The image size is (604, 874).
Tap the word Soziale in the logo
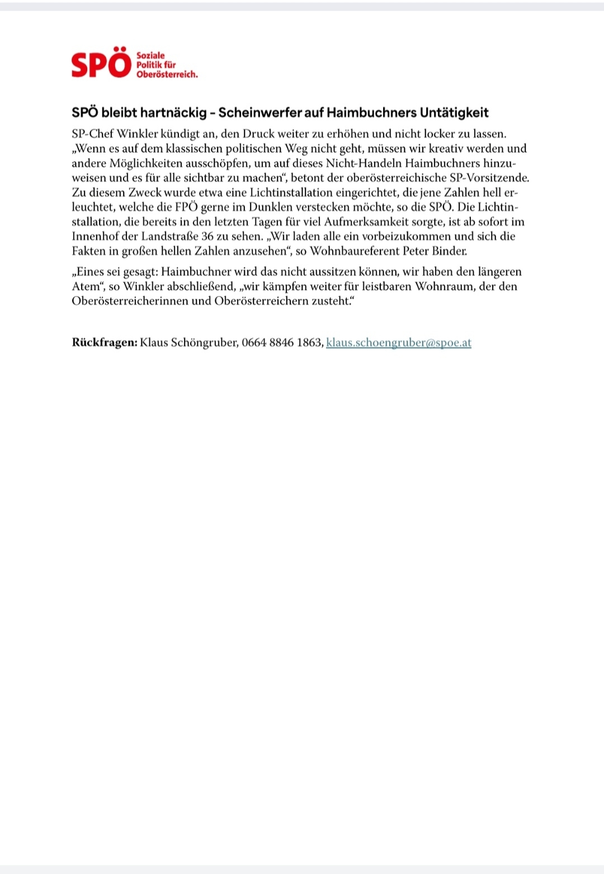coord(150,55)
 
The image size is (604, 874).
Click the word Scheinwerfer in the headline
coord(259,112)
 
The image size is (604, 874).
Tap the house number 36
coord(207,236)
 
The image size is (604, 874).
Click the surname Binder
coord(449,251)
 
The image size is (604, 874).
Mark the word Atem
coord(85,286)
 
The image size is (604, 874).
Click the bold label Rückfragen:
coord(104,342)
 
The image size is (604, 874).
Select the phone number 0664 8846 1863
coord(282,342)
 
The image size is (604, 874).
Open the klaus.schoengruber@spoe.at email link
coord(398,342)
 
